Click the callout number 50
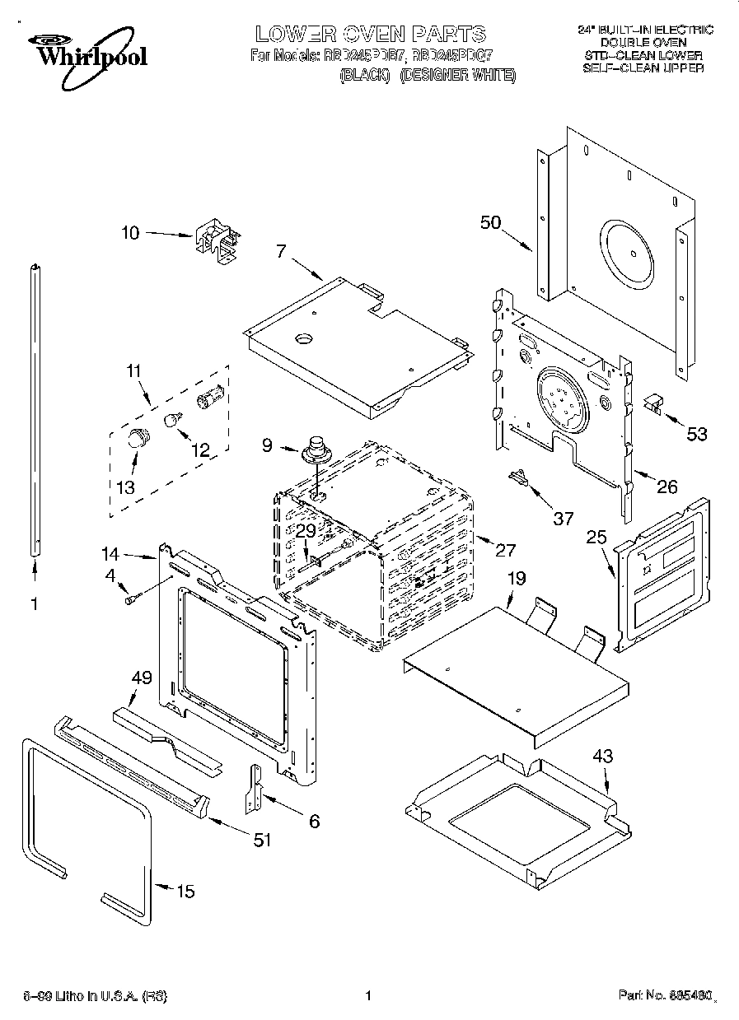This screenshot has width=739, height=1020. coord(491,222)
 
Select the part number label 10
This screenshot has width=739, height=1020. coord(130,233)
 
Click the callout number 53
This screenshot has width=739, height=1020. coord(696,434)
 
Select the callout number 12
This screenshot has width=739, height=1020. coord(200,449)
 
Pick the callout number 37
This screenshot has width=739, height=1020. coord(563,518)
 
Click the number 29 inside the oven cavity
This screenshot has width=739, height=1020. coord(306,532)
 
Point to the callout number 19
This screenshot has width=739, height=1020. coord(516,579)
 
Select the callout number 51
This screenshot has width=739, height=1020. coord(261,839)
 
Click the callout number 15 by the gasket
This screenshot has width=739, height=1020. coord(186,891)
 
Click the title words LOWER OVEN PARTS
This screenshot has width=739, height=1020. coord(371,34)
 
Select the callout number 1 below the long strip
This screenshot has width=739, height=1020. coord(34,604)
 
